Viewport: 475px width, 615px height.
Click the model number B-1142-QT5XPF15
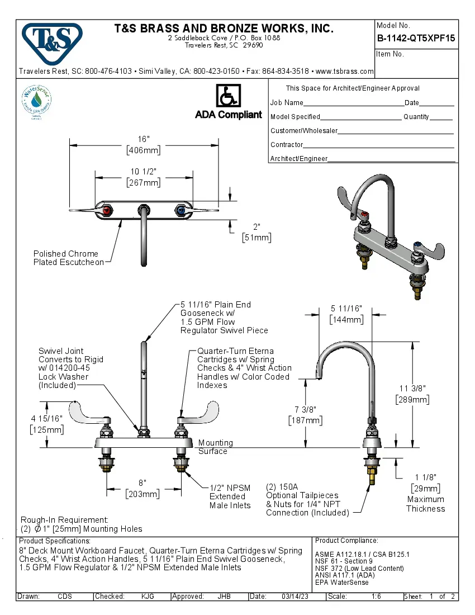tap(416, 39)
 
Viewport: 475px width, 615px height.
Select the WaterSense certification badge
tap(36, 101)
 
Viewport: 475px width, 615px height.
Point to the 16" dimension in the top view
tap(144, 144)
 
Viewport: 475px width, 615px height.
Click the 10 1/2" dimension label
tap(144, 177)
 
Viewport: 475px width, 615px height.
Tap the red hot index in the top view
tap(108, 211)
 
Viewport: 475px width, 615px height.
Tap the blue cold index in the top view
tap(180, 211)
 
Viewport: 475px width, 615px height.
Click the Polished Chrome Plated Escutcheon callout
tap(68, 258)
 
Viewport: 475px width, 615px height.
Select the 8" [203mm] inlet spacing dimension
tap(142, 488)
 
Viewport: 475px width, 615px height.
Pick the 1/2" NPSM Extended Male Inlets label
tap(230, 496)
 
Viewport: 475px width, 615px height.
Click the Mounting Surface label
tap(215, 447)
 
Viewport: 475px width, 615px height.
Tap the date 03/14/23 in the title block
tap(296, 597)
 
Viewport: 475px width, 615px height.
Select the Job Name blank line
tap(353, 104)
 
